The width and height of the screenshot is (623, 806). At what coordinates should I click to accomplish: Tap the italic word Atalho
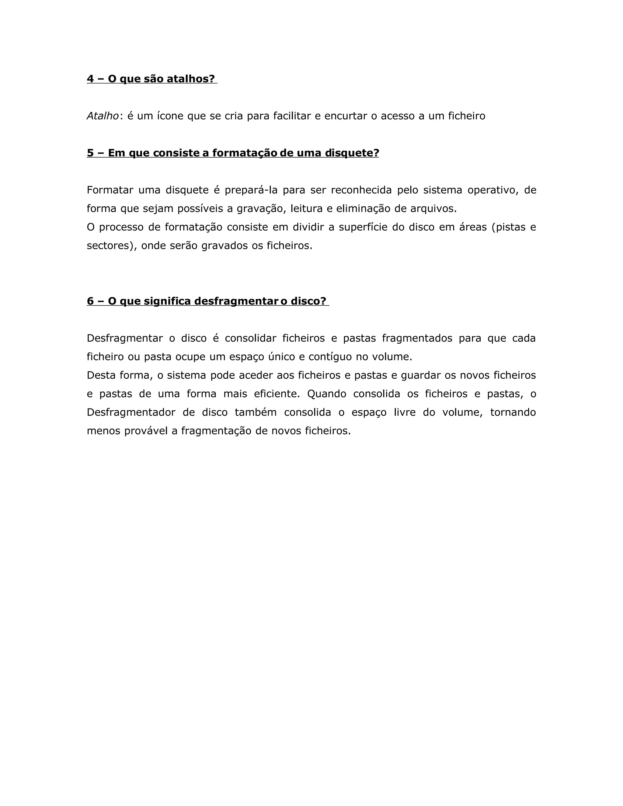(x=102, y=116)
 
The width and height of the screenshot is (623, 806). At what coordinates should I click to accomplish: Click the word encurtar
(x=346, y=116)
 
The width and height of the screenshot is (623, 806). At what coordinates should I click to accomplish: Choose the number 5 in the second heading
(x=90, y=153)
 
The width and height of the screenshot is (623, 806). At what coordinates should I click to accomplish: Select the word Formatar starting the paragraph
(x=110, y=190)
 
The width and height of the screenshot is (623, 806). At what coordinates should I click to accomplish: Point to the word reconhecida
(x=361, y=190)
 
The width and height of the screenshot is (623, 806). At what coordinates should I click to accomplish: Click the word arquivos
(x=433, y=209)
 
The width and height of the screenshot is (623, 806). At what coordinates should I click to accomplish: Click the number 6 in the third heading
(x=90, y=301)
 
